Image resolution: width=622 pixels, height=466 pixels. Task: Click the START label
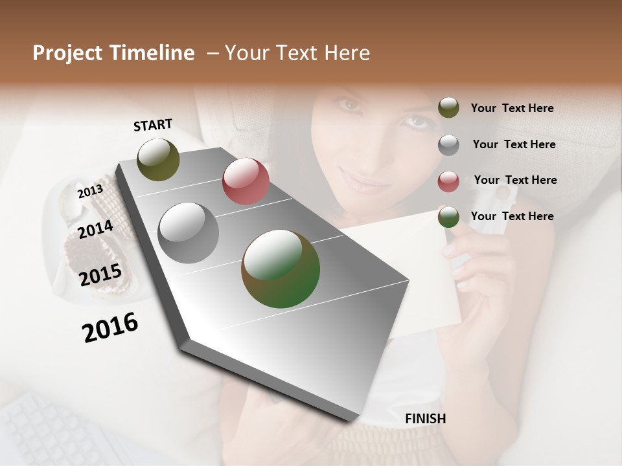pos(153,125)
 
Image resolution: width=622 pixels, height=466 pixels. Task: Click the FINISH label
pos(425,419)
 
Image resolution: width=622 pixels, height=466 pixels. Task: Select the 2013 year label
pos(90,192)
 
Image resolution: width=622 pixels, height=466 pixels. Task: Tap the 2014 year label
pos(95,229)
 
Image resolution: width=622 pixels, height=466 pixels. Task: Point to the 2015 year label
pos(100,275)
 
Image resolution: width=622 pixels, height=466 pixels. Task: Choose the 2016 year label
pos(110,327)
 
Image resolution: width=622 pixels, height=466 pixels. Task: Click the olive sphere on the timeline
pos(159,159)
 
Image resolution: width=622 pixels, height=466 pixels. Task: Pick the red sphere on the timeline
pos(246,181)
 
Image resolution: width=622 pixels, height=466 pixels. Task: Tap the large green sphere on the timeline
pos(281,269)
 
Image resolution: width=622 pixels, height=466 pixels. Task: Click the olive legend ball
pos(448,108)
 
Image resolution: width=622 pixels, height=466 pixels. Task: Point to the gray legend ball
pos(448,145)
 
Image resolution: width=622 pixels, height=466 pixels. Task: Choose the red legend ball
pos(448,181)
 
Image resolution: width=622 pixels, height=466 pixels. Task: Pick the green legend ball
pos(448,217)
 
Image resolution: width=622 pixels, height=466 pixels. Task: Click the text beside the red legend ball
pos(515,180)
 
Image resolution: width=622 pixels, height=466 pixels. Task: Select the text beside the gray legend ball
pos(514,144)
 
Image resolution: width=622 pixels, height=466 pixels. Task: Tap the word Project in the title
pos(67,53)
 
